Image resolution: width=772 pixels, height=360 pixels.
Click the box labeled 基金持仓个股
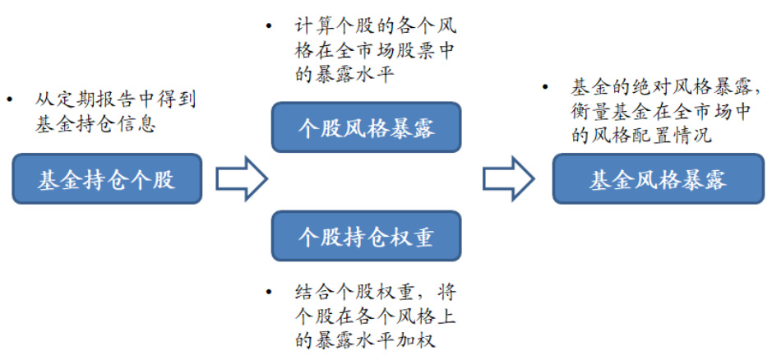pyautogui.click(x=107, y=179)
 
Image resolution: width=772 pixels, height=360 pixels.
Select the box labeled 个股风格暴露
pyautogui.click(x=366, y=127)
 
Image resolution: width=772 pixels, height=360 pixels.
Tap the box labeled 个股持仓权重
pyautogui.click(x=366, y=237)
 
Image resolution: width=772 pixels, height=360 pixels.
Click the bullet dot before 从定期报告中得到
pyautogui.click(x=10, y=99)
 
